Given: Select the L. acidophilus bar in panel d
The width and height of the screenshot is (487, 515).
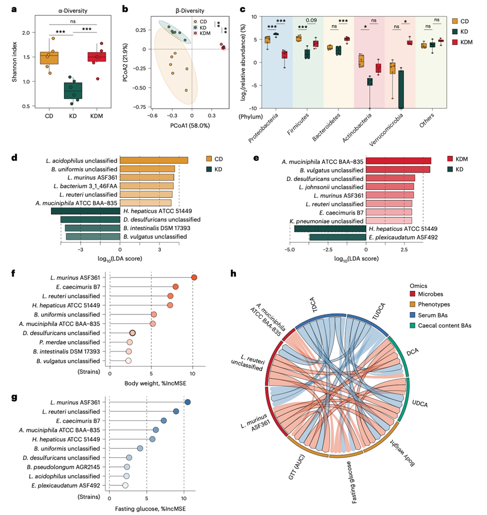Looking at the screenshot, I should pyautogui.click(x=154, y=160).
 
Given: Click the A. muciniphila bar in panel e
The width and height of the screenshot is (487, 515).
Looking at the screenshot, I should pyautogui.click(x=398, y=161).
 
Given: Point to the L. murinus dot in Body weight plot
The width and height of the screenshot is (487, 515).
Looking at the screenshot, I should pyautogui.click(x=194, y=277).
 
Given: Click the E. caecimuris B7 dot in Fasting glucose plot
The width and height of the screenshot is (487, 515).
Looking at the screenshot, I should pyautogui.click(x=164, y=420).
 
